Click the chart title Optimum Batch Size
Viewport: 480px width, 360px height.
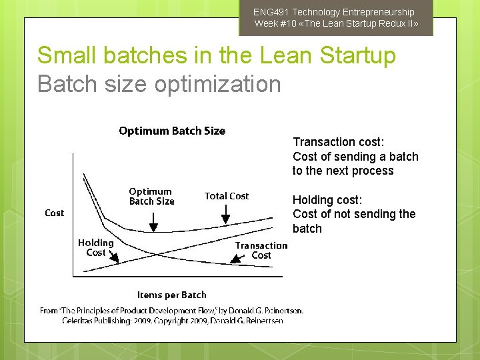coord(172,131)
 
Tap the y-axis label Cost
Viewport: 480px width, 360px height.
coord(54,213)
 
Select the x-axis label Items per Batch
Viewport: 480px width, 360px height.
coord(171,295)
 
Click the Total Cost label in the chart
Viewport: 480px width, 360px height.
coord(226,196)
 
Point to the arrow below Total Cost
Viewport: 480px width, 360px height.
coord(226,214)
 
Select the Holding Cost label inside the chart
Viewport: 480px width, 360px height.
coord(95,247)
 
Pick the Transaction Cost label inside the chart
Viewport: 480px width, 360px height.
coord(261,250)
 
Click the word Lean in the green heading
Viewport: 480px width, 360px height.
coord(262,55)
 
